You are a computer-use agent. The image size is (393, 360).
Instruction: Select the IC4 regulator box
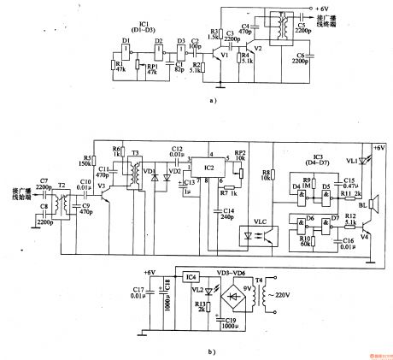click(x=192, y=277)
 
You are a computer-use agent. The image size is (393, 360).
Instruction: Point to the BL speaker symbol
click(x=372, y=207)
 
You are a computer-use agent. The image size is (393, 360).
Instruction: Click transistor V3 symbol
click(x=104, y=197)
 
